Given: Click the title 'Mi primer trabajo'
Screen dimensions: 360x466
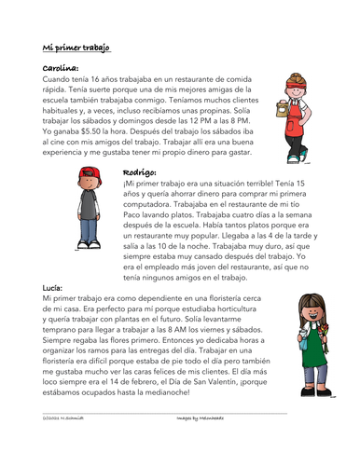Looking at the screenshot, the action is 76,48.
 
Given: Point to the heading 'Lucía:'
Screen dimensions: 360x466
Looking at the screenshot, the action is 57,290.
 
